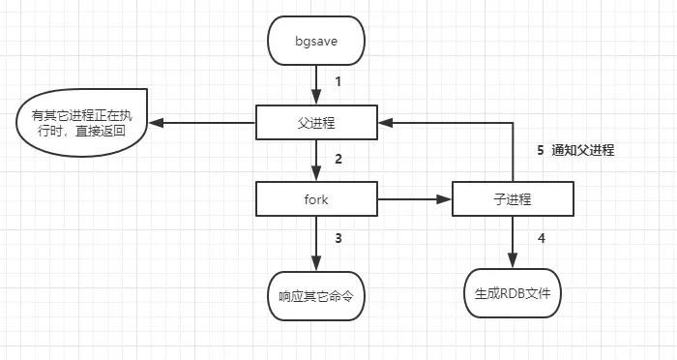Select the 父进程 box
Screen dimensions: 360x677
316,123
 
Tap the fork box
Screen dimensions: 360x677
316,200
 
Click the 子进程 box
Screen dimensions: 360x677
512,200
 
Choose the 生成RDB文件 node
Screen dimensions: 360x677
512,293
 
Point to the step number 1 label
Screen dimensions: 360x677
338,82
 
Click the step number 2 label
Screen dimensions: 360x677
338,159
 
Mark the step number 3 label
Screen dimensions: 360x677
338,237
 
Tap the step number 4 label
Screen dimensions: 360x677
542,237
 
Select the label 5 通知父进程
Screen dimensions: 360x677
575,151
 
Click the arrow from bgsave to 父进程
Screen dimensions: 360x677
316,85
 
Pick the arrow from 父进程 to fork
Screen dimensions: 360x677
316,161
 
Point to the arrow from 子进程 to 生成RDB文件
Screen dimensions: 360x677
512,242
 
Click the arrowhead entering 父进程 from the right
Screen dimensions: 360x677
385,123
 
